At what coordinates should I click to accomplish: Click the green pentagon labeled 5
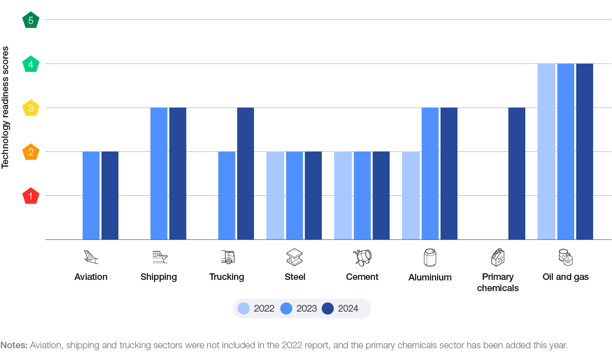(x=31, y=20)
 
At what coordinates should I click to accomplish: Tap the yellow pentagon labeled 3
(x=31, y=108)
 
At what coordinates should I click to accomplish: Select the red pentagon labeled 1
(x=31, y=196)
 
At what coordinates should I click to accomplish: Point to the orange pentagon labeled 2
(x=31, y=152)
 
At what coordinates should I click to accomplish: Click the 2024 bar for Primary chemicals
(x=517, y=173)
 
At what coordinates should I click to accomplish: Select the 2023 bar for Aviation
(x=91, y=196)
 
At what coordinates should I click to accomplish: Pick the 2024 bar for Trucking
(x=245, y=173)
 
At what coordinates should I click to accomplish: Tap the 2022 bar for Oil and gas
(x=546, y=151)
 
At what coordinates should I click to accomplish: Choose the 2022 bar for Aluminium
(x=411, y=196)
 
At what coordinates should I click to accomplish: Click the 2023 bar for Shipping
(x=159, y=173)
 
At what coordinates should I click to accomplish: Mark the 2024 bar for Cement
(x=381, y=196)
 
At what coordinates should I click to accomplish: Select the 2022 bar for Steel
(x=275, y=196)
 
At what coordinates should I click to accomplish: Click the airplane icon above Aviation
(x=91, y=257)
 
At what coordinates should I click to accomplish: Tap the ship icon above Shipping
(x=160, y=257)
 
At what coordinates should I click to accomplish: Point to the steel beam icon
(x=295, y=257)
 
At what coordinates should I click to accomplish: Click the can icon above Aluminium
(x=430, y=258)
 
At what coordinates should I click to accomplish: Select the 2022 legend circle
(x=244, y=308)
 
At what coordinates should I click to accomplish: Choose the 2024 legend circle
(x=327, y=308)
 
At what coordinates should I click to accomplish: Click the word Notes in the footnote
(x=14, y=345)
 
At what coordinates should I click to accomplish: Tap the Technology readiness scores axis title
(x=5, y=108)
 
